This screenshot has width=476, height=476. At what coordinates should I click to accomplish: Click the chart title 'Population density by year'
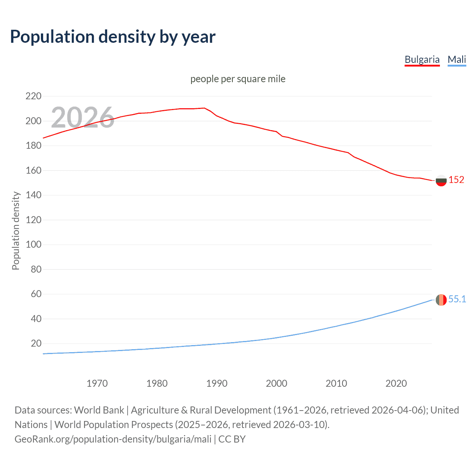point(113,36)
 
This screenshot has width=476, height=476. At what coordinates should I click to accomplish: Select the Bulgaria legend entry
point(422,59)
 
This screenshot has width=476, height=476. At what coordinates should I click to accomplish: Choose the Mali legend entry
point(457,59)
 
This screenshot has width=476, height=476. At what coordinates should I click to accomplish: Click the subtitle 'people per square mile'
point(238,79)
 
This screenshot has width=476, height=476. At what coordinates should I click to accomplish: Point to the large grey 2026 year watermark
point(83,118)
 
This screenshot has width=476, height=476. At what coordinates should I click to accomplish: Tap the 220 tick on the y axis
point(33,96)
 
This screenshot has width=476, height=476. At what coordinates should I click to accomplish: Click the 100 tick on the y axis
point(33,245)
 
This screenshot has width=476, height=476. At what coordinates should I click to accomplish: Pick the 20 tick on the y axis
point(36,343)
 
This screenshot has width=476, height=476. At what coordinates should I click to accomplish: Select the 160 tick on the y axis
point(33,170)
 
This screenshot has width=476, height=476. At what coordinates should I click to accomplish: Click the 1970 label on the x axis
point(97,383)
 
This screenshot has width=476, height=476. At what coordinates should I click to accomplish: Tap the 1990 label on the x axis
point(217,383)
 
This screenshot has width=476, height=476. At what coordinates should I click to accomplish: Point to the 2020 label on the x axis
point(396,383)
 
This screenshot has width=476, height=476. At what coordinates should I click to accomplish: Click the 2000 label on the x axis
point(276,383)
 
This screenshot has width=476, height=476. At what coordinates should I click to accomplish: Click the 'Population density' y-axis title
point(16,231)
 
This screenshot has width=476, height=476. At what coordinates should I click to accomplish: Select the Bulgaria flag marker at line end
point(441,180)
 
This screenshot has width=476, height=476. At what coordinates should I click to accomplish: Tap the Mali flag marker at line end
point(441,300)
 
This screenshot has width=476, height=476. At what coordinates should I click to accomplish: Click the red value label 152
point(456,180)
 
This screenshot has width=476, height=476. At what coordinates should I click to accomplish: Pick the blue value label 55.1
point(457,299)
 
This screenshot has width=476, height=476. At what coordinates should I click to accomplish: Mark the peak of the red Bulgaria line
point(204,108)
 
